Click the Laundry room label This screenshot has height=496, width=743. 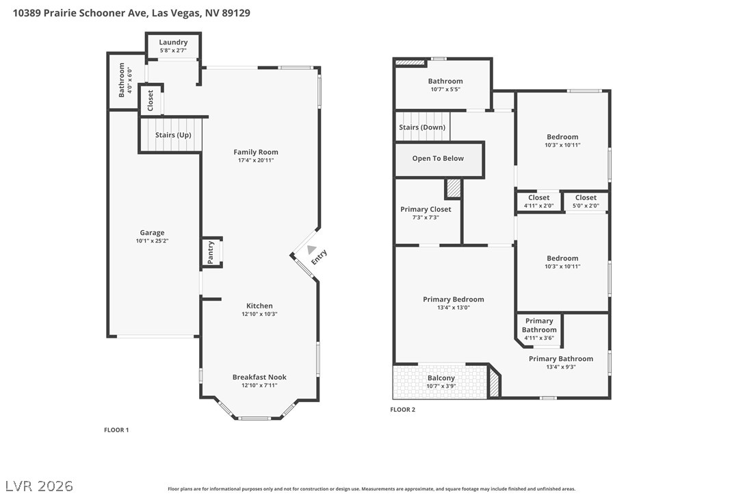pos(173,42)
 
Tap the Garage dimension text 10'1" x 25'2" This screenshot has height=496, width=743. pos(152,240)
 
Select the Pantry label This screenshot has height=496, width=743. pos(211,253)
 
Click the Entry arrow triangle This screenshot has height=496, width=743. pos(311,249)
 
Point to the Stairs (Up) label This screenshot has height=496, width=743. pos(173,135)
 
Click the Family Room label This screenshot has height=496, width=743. pos(256,152)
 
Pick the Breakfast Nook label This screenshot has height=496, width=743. pos(259,377)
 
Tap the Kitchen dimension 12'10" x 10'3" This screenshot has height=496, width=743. pos(259,314)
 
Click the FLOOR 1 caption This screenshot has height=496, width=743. pos(116,430)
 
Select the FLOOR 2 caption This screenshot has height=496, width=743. pos(403,410)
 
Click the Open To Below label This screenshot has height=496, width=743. pos(438,158)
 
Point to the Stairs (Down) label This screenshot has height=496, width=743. pos(422,127)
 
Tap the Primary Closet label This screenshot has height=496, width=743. pos(426,210)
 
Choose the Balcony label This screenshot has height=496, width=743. pos(441,377)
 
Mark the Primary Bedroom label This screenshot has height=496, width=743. pos(454,299)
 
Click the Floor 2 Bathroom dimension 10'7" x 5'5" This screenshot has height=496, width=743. pos(445,89)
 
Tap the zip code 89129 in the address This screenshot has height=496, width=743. pos(236,13)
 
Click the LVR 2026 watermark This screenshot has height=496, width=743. pos(39,486)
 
